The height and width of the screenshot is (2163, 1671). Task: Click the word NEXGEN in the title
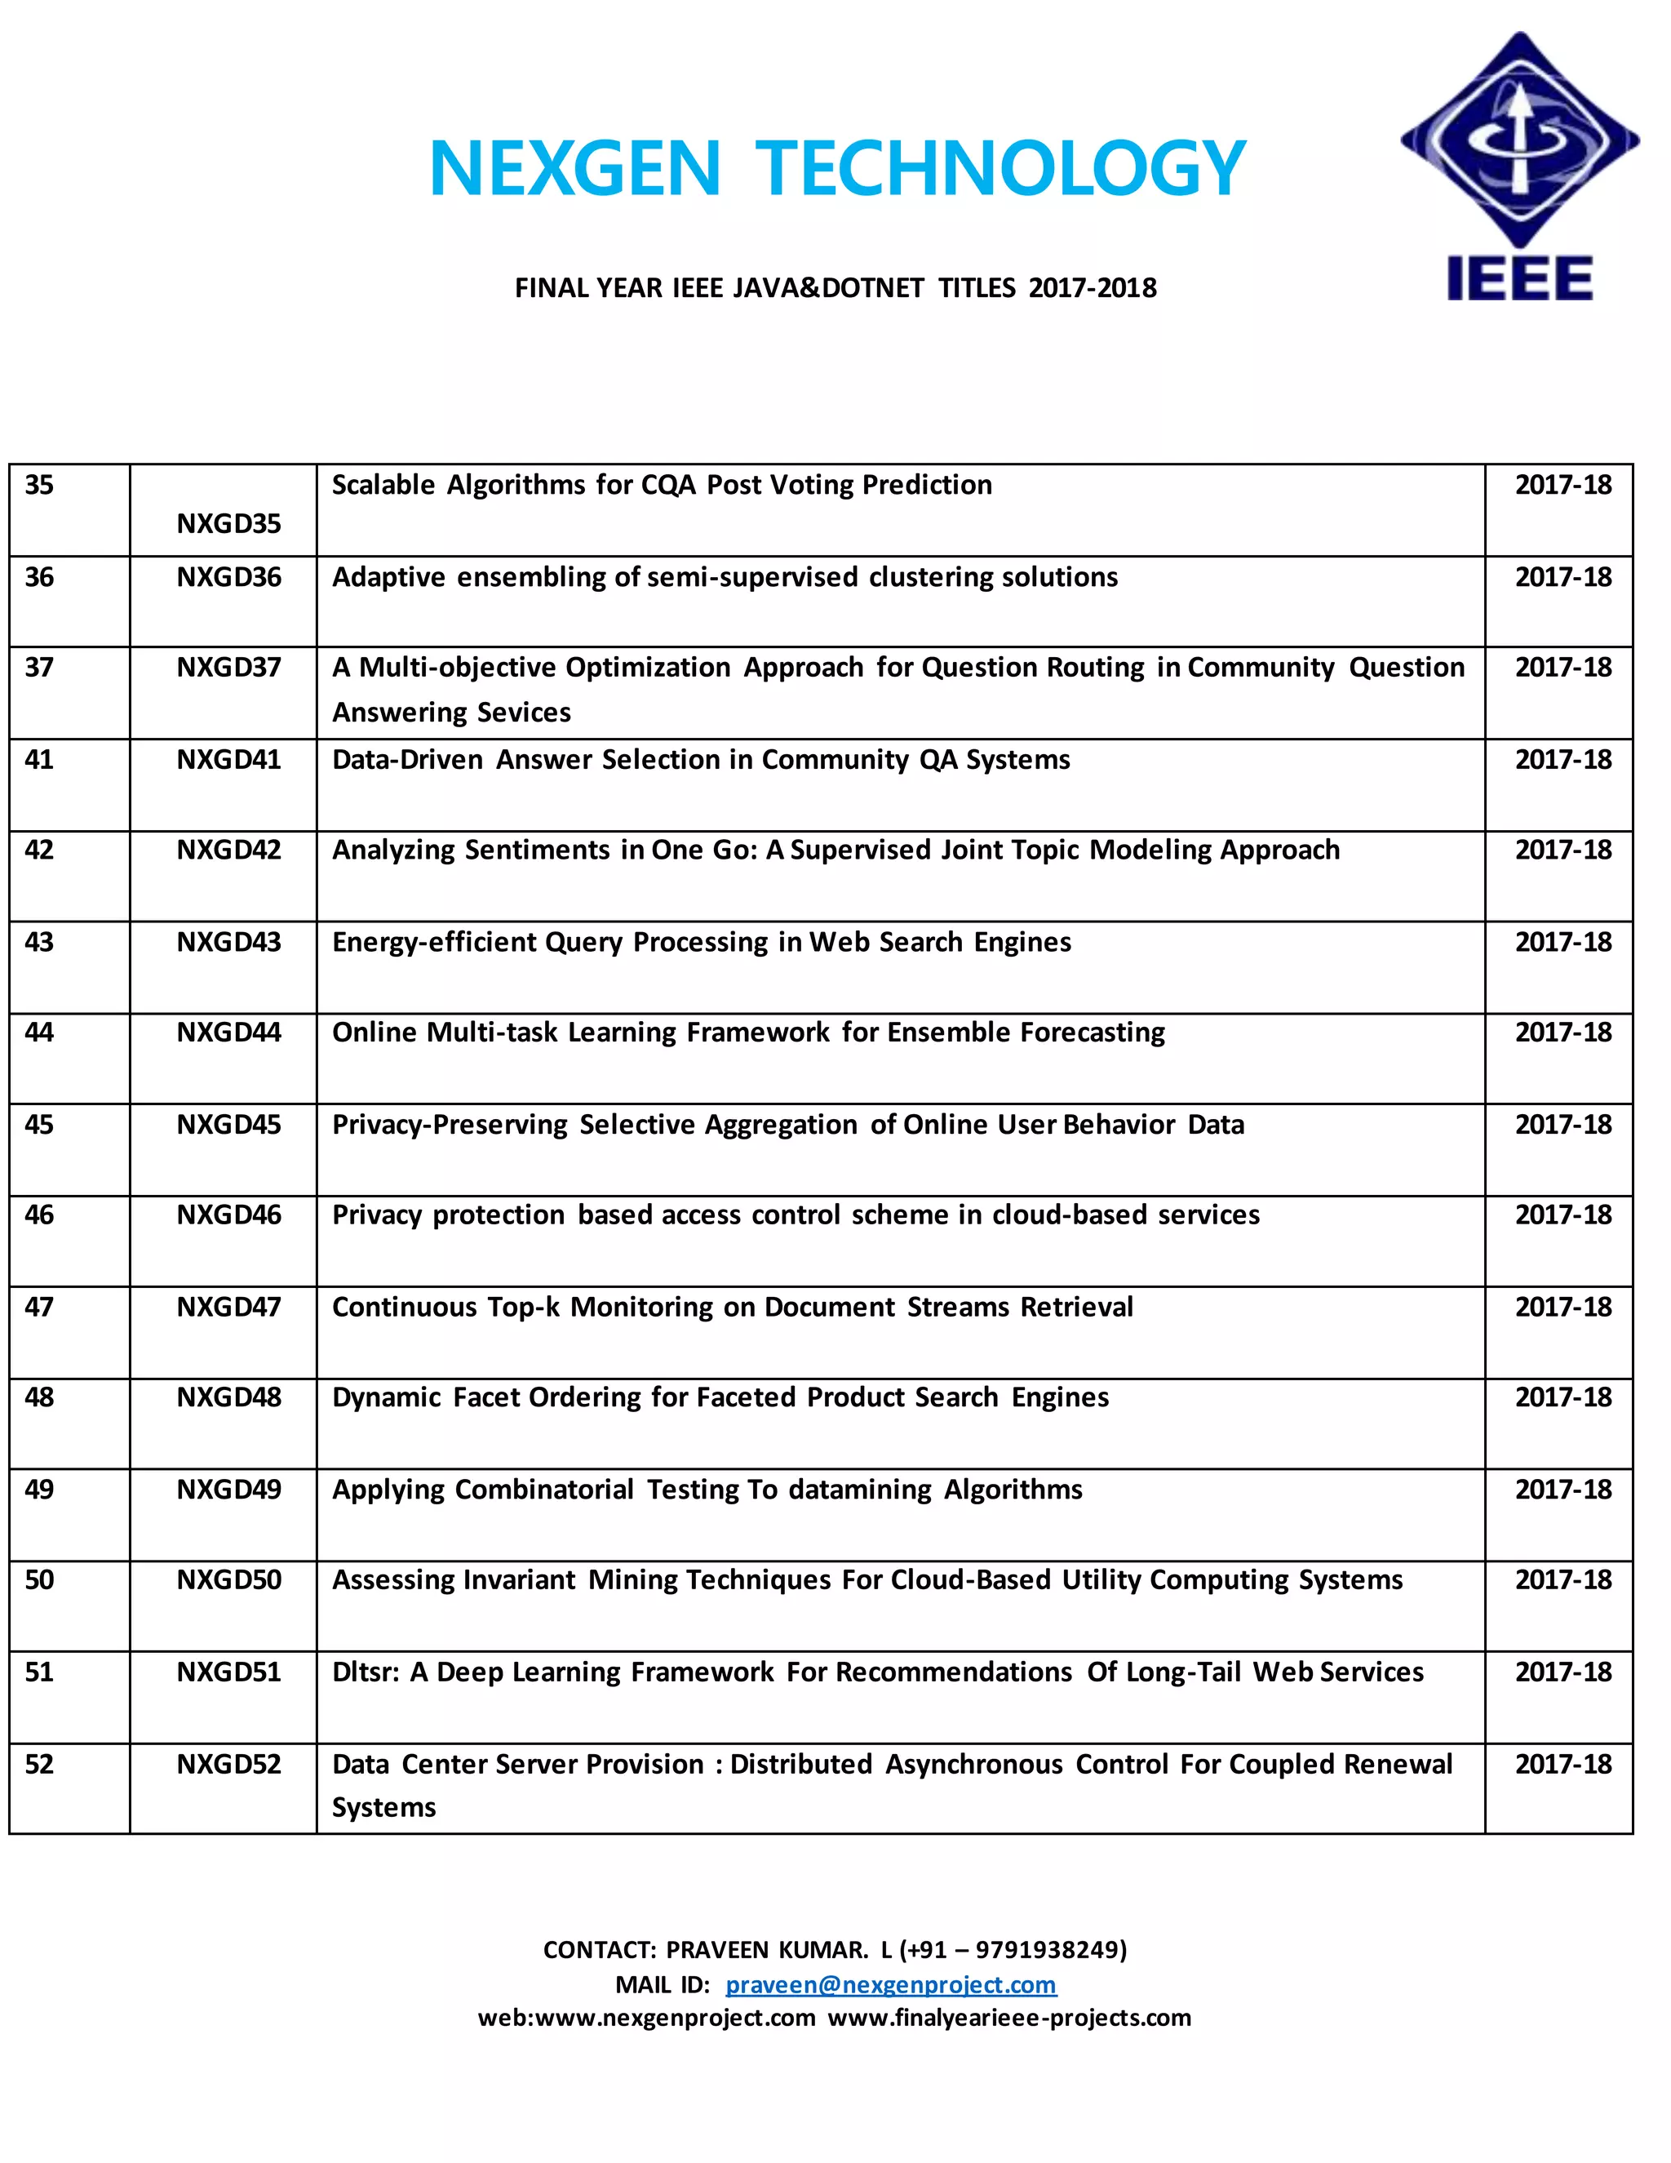pyautogui.click(x=574, y=168)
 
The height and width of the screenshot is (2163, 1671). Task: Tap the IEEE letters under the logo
pyautogui.click(x=1519, y=278)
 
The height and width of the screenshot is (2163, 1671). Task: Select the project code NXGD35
pyautogui.click(x=228, y=523)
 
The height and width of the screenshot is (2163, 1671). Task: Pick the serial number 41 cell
pyautogui.click(x=40, y=760)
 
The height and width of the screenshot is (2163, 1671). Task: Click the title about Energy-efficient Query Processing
pyautogui.click(x=701, y=942)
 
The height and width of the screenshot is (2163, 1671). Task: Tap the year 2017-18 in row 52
pyautogui.click(x=1562, y=1764)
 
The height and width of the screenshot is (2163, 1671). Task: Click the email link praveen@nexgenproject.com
pyautogui.click(x=890, y=1985)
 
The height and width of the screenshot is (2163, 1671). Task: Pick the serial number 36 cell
pyautogui.click(x=40, y=576)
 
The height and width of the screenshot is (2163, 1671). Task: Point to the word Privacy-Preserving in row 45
pyautogui.click(x=450, y=1124)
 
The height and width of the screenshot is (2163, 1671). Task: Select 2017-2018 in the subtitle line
pyautogui.click(x=1092, y=288)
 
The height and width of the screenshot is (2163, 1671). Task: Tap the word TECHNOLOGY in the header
pyautogui.click(x=999, y=168)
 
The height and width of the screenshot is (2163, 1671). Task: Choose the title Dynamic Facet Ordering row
pyautogui.click(x=720, y=1397)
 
